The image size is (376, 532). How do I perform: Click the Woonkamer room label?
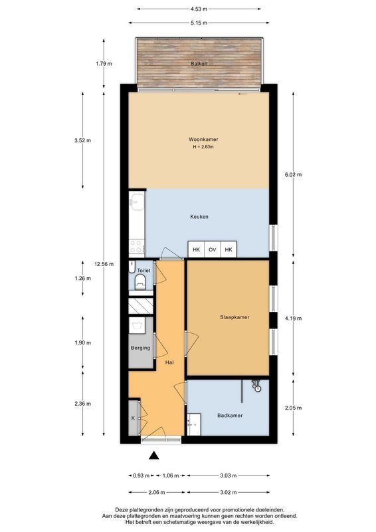click(203, 139)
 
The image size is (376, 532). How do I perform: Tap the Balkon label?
click(199, 63)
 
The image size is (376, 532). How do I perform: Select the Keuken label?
click(199, 217)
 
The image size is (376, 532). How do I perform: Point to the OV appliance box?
click(212, 250)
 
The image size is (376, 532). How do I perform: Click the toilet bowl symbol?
click(140, 282)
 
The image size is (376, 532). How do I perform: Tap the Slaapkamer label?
click(235, 317)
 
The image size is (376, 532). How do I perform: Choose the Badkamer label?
click(230, 415)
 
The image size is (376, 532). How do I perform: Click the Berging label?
click(140, 348)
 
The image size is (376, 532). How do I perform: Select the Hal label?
click(169, 362)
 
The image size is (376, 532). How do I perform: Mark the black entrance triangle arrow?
click(154, 456)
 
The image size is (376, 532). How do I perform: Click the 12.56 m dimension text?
click(104, 264)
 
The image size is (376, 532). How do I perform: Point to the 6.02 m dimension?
click(293, 175)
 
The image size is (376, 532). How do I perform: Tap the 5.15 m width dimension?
click(199, 23)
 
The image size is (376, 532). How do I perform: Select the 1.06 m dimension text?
click(171, 475)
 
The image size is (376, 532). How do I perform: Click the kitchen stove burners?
click(136, 246)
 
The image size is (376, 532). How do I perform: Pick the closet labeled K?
click(134, 418)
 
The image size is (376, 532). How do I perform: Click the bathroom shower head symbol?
click(256, 385)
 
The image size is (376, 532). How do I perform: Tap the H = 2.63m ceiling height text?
click(203, 147)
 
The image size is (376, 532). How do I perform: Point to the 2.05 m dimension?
click(293, 408)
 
